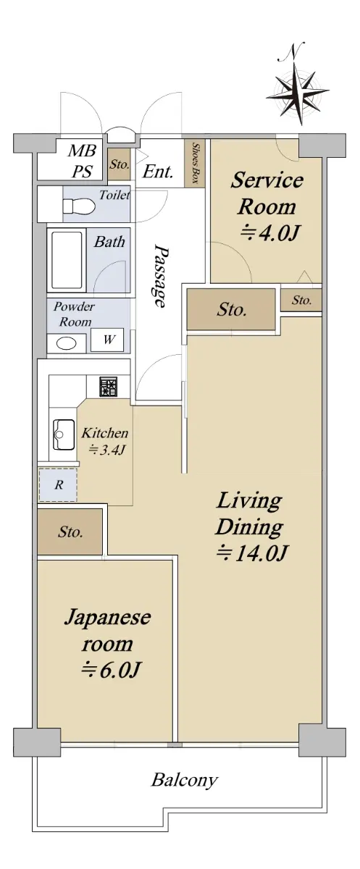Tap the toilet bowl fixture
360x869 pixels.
pyautogui.click(x=79, y=206)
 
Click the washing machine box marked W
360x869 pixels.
pyautogui.click(x=107, y=340)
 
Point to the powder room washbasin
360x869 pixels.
pyautogui.click(x=67, y=343)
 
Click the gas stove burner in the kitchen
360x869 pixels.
pyautogui.click(x=109, y=387)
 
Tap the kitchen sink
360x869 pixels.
pyautogui.click(x=64, y=434)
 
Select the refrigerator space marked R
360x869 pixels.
pyautogui.click(x=58, y=484)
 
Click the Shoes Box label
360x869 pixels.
pyautogui.click(x=196, y=164)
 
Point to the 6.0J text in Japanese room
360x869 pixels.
pyautogui.click(x=111, y=669)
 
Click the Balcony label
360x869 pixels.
pyautogui.click(x=184, y=779)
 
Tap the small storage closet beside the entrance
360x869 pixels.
pyautogui.click(x=119, y=164)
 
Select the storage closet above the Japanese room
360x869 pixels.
pyautogui.click(x=70, y=532)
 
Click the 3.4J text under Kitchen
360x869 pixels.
pyautogui.click(x=106, y=450)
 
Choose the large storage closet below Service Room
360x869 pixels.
pyautogui.click(x=231, y=310)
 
